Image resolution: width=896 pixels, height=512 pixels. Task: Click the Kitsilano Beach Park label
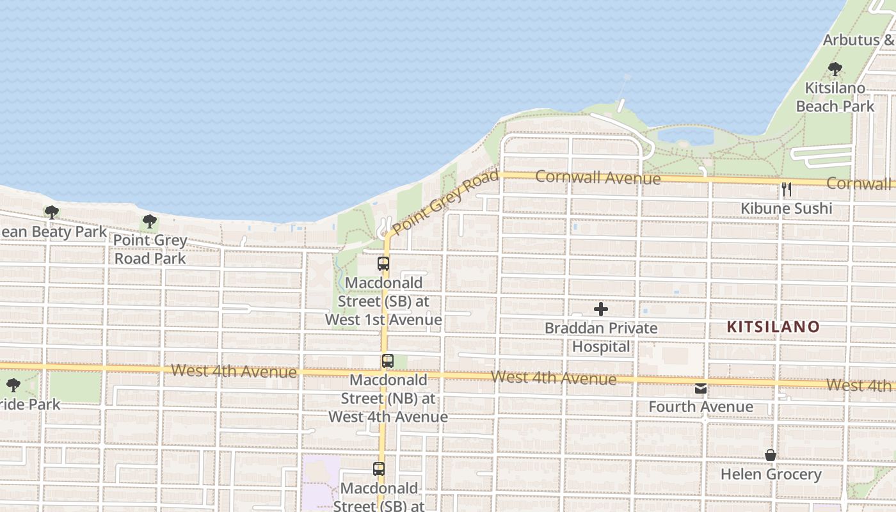[x=835, y=97]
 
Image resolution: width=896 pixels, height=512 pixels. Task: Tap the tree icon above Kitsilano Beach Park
[x=835, y=68]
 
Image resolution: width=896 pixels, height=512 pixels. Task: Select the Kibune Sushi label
[x=787, y=208]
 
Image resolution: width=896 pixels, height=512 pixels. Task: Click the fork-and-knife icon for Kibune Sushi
[x=787, y=189]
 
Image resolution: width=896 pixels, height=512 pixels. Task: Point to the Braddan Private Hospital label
[x=601, y=337]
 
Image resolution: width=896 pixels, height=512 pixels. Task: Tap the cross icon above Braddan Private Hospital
[x=601, y=309]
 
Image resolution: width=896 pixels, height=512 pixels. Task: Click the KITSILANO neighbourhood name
[x=773, y=327]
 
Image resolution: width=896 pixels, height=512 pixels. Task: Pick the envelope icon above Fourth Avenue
[x=701, y=388]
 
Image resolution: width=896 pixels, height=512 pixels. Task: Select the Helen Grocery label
[x=771, y=474]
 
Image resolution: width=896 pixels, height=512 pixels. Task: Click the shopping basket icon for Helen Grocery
[x=771, y=455]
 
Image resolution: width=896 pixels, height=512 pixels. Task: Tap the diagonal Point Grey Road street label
[x=445, y=202]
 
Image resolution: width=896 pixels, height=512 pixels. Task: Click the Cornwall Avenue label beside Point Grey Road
[x=598, y=177]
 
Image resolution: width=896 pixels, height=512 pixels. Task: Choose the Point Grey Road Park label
[x=150, y=250]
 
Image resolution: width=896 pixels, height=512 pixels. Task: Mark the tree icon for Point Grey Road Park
[x=150, y=221]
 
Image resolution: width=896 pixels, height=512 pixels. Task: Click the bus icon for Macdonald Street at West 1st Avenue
[x=383, y=263]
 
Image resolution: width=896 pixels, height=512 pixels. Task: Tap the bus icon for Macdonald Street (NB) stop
[x=388, y=360]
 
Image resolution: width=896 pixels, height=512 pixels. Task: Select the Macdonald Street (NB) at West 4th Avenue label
[x=388, y=398]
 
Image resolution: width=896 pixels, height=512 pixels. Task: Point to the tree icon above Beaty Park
[x=52, y=212]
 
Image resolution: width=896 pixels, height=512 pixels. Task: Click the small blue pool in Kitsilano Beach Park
[x=685, y=136]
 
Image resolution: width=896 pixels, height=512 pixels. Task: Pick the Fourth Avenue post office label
[x=701, y=406]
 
